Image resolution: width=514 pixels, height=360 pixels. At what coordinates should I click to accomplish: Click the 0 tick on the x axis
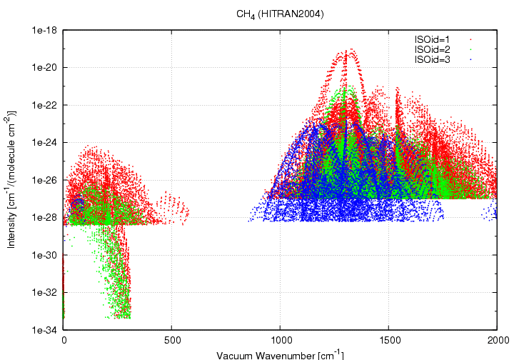64,341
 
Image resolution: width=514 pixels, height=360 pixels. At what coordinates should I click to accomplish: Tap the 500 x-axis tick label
172,341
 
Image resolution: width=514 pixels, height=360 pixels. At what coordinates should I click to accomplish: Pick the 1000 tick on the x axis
281,341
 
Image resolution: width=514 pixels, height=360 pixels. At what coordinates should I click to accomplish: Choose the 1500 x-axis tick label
389,341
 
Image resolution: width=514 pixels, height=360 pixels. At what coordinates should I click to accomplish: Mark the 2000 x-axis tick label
497,341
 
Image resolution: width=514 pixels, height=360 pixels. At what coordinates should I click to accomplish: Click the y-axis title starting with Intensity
13,180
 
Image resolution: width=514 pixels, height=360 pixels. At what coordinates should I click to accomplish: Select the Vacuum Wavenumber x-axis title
281,354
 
